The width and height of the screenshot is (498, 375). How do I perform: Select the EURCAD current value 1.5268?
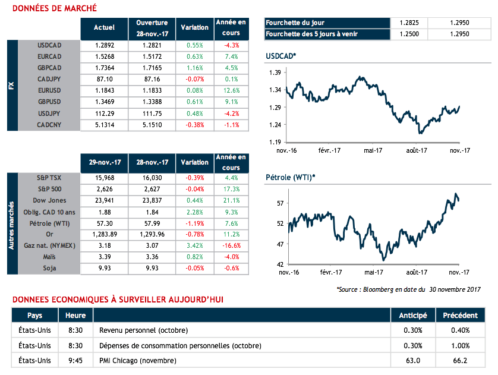point(105,56)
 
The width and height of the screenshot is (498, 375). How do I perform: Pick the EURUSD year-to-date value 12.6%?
point(231,91)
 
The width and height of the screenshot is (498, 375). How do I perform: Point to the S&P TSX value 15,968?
point(105,178)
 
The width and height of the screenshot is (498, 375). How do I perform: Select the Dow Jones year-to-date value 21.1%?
point(231,200)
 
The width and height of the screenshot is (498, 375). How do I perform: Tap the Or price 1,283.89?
point(105,235)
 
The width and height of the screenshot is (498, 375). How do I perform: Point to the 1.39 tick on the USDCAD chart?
point(275,73)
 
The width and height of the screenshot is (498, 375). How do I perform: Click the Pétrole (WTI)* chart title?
point(289,178)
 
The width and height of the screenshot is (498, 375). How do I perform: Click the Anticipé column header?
point(412,316)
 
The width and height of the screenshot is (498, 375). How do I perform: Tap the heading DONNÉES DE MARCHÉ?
point(55,8)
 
